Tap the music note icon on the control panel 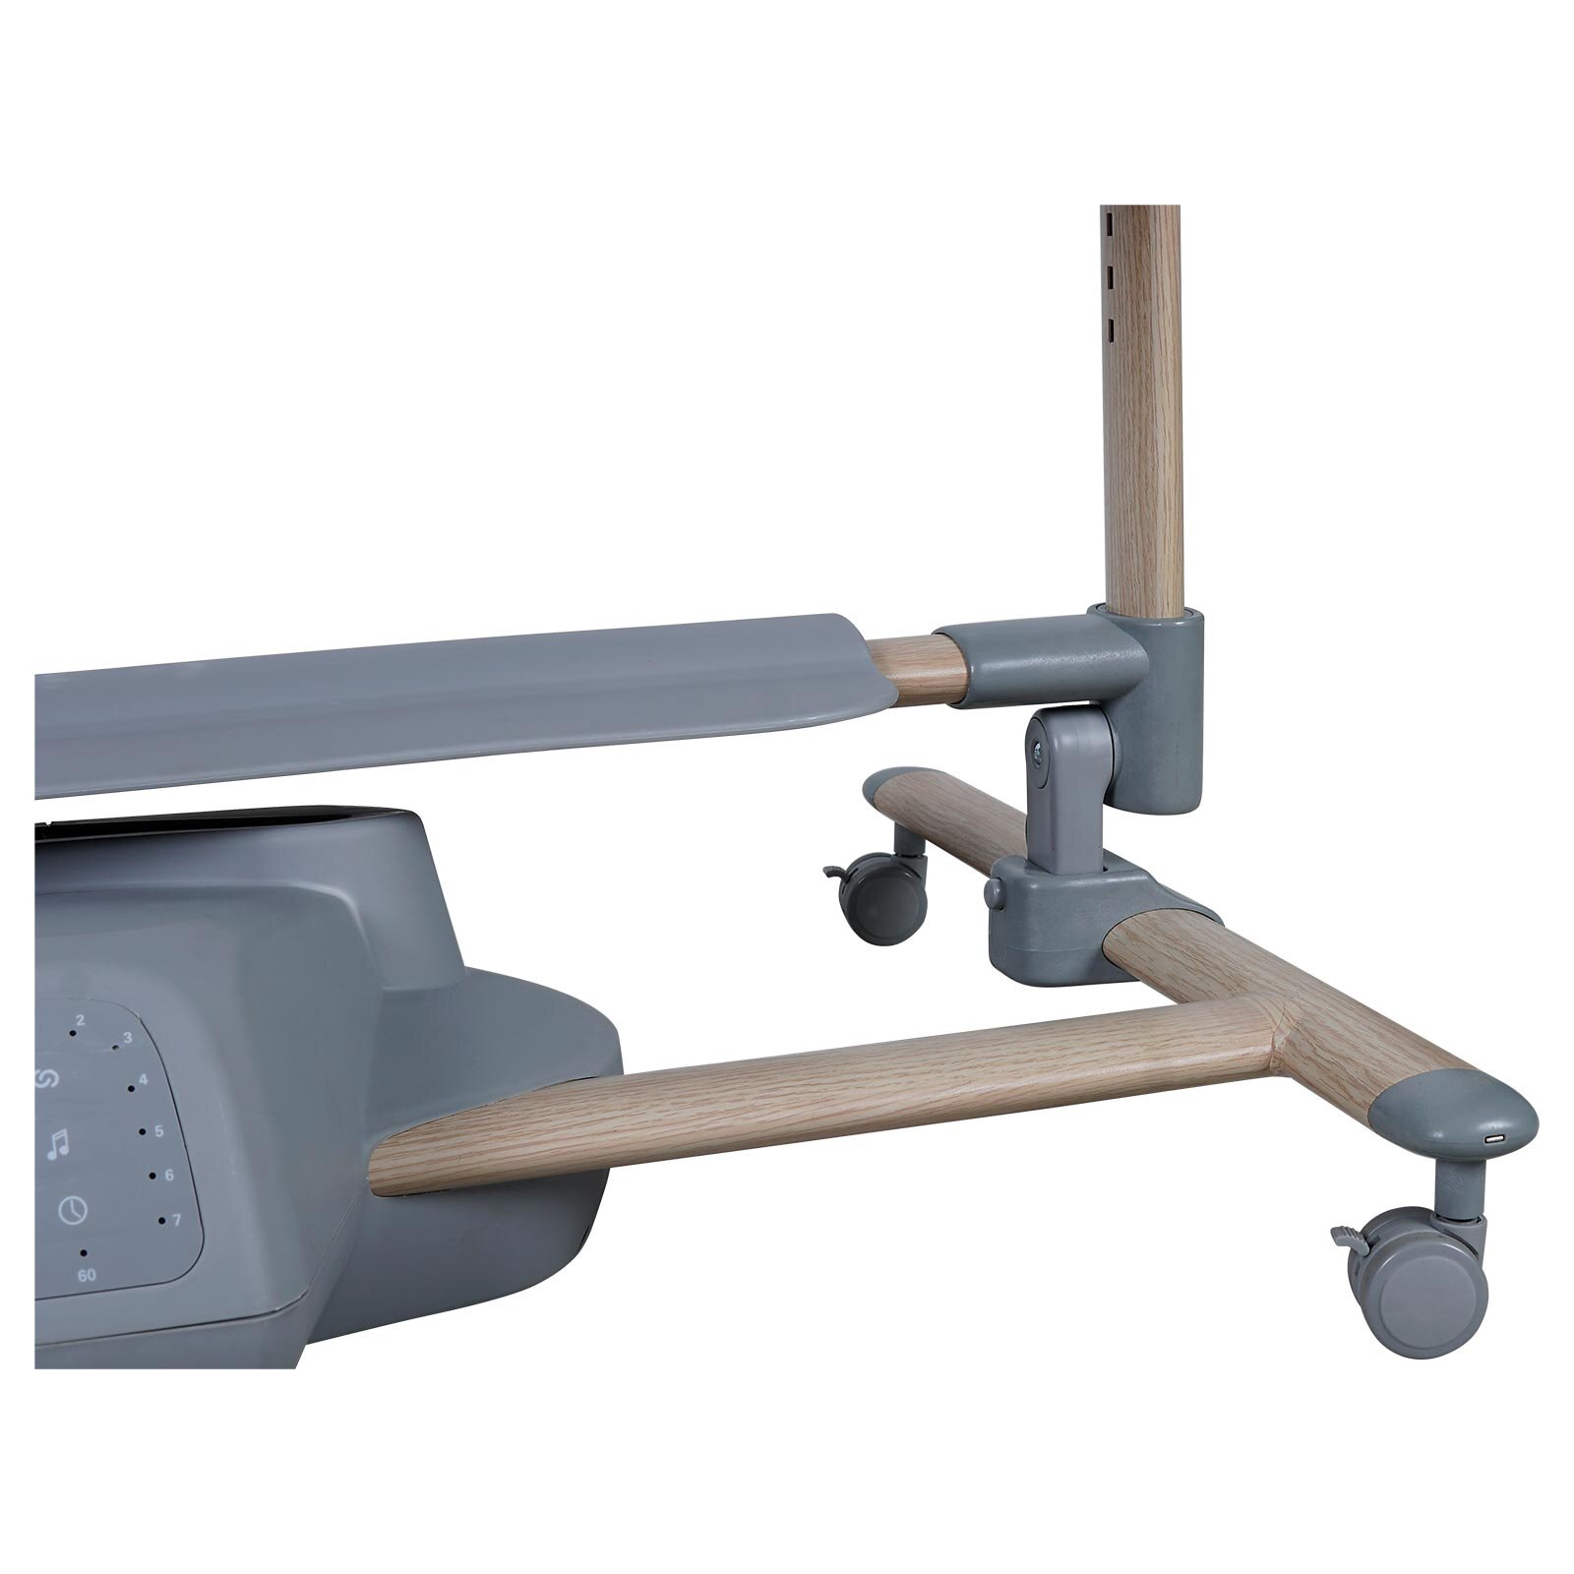59,1143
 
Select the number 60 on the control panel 86,1276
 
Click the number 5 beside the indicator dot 158,1132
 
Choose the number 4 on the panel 144,1080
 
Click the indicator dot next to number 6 152,1176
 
